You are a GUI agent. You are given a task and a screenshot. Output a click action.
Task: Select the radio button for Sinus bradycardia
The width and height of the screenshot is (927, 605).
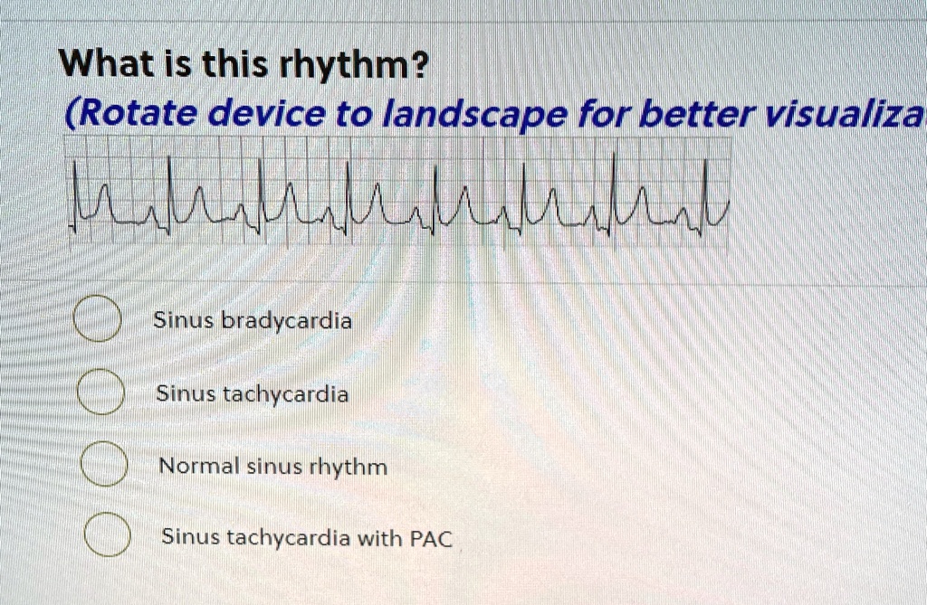point(98,319)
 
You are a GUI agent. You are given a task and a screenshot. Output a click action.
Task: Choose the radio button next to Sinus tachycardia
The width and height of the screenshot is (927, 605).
point(100,392)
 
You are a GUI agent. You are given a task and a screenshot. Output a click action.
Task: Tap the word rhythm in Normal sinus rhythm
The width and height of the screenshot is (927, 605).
point(349,468)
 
